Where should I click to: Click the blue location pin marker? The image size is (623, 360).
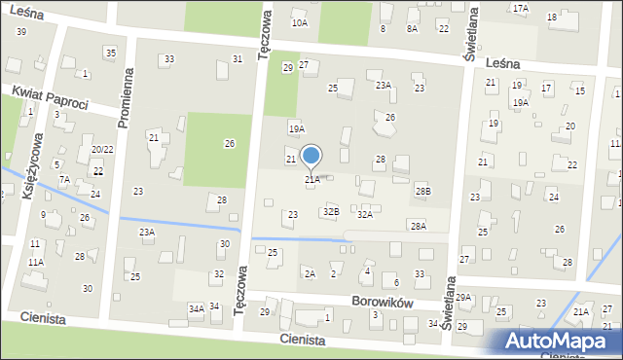coord(311,157)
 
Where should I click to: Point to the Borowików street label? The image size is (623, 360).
coord(385,304)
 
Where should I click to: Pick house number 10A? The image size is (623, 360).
coord(300,22)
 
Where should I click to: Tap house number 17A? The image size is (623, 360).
coord(521,8)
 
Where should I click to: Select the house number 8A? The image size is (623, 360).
coord(412,29)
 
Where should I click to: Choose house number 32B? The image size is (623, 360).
coord(331,211)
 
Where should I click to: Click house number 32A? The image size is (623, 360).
coord(364,214)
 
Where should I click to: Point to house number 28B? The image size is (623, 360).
coord(421,192)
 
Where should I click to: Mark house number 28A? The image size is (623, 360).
coord(418,226)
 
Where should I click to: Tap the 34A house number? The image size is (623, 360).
coord(197,308)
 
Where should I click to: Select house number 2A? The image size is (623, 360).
coord(310,274)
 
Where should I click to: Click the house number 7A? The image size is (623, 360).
coord(64,180)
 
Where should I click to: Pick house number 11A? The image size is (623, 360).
coord(35,263)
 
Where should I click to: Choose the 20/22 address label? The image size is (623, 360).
coord(102,149)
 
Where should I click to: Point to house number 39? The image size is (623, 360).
coord(20,32)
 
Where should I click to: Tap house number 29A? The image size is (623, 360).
coord(463,298)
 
